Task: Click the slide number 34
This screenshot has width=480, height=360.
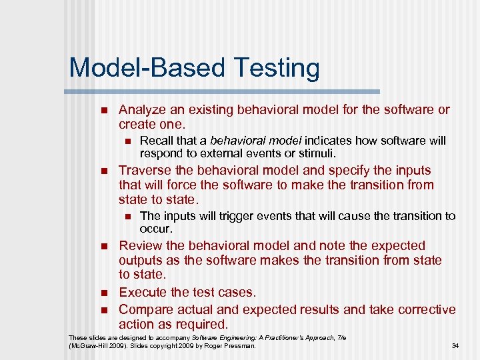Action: [455, 346]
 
